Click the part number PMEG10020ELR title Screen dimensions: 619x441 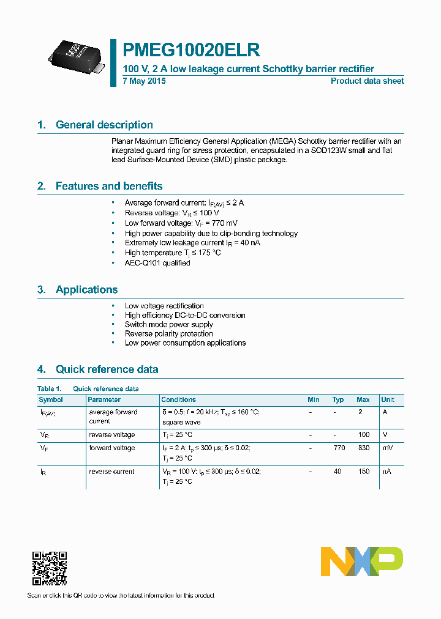point(192,50)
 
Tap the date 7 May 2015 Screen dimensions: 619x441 point(145,81)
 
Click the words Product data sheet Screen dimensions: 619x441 point(367,81)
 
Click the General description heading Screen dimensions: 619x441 point(104,125)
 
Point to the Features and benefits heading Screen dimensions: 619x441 point(108,186)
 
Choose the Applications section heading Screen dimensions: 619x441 point(86,290)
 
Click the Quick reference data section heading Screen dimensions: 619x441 point(107,369)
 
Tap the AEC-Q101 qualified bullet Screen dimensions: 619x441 point(157,263)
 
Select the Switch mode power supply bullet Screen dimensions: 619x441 point(168,325)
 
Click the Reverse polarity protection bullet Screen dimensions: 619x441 point(168,334)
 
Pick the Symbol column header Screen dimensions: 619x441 point(51,399)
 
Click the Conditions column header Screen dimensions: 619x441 point(178,399)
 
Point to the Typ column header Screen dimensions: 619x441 point(338,399)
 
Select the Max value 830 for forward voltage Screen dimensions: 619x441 point(363,448)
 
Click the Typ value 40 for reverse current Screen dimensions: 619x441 point(338,472)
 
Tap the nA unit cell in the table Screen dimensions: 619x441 point(386,472)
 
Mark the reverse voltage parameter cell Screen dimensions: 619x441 point(111,435)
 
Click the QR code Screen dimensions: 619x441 point(49,568)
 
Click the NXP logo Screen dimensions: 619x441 point(362,562)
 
